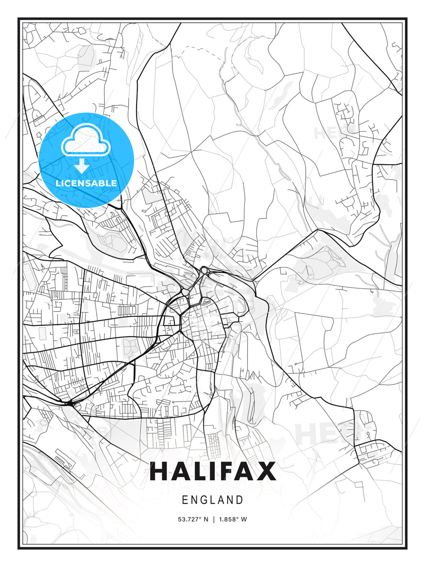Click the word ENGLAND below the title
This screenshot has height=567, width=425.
point(213,500)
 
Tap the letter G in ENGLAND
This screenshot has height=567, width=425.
point(204,500)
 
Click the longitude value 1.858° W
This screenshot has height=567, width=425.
point(233,519)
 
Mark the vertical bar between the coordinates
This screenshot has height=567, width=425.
point(214,519)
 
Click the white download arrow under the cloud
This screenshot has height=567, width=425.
point(82,166)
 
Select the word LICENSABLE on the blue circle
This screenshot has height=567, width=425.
point(86,183)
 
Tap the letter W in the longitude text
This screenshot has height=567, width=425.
point(244,519)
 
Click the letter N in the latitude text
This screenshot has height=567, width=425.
point(205,519)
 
